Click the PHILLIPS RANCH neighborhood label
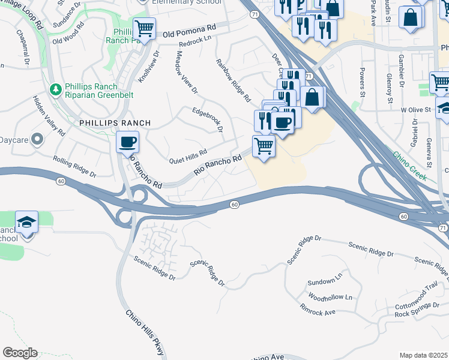(115, 123)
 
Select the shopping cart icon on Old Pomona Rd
(144, 28)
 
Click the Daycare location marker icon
(37, 140)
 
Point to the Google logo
(20, 353)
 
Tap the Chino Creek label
(409, 166)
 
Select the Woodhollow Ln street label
(330, 297)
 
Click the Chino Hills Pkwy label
(145, 332)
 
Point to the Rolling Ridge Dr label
(74, 167)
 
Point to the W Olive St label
(416, 110)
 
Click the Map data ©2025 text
(423, 355)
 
